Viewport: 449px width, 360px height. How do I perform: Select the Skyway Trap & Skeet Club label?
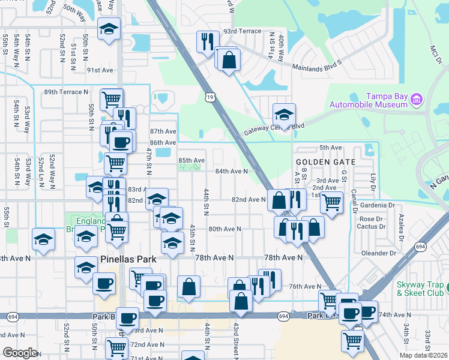pyautogui.click(x=420, y=289)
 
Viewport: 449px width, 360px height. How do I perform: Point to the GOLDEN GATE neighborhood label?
pyautogui.click(x=325, y=162)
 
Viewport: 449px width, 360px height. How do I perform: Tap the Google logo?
pyautogui.click(x=19, y=353)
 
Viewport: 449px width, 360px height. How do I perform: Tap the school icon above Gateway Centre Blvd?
pyautogui.click(x=285, y=113)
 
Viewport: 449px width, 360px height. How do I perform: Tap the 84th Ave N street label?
pyautogui.click(x=232, y=171)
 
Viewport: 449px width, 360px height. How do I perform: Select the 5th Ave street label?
pyautogui.click(x=330, y=148)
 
